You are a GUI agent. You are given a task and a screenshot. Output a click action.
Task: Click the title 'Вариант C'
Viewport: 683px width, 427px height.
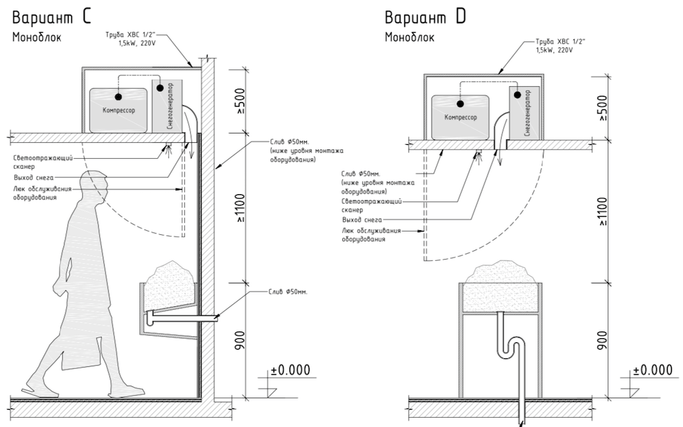51,17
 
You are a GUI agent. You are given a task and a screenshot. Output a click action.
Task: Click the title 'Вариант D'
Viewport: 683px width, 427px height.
425,17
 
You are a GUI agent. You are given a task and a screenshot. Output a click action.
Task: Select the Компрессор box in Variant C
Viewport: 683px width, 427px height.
119,110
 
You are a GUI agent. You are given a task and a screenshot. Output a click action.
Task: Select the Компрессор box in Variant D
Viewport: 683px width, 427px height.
460,117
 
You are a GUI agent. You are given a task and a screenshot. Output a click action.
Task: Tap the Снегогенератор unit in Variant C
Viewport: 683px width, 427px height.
167,106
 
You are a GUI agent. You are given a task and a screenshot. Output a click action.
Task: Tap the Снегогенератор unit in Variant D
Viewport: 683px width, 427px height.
524,113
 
